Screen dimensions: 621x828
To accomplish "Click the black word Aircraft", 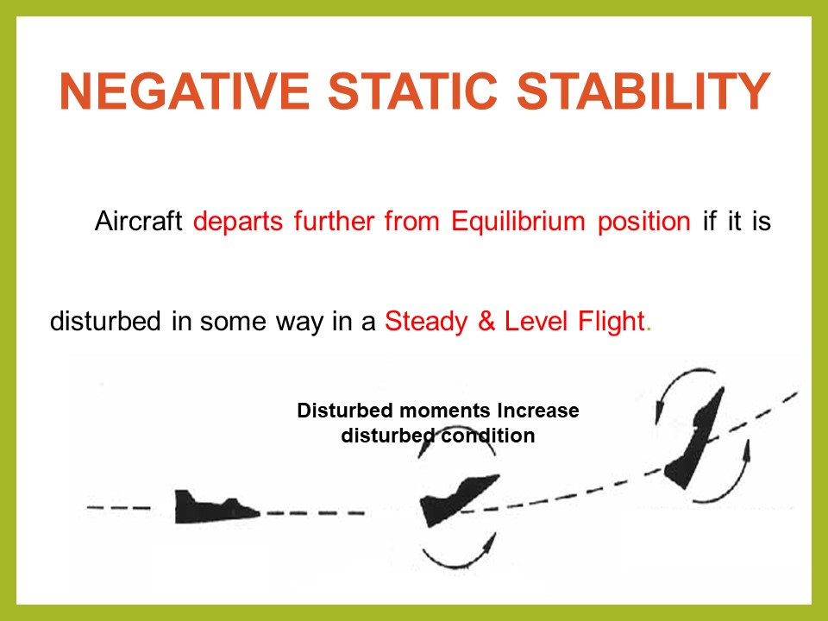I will [x=139, y=222].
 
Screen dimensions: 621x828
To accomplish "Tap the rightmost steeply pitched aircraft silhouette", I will [x=695, y=439].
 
